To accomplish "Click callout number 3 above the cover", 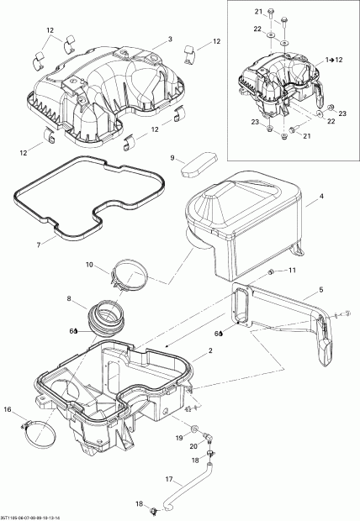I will pyautogui.click(x=169, y=39).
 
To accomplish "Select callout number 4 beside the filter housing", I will pyautogui.click(x=320, y=198).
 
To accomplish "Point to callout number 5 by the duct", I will pyautogui.click(x=320, y=291).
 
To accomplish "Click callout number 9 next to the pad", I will pyautogui.click(x=172, y=157).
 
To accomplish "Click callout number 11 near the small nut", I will pyautogui.click(x=293, y=271).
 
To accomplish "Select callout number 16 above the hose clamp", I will pyautogui.click(x=8, y=409).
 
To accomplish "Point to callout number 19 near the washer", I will pyautogui.click(x=180, y=439).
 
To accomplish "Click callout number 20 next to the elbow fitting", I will pyautogui.click(x=193, y=445).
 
